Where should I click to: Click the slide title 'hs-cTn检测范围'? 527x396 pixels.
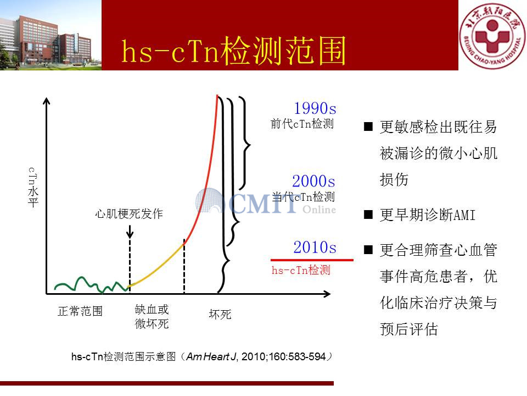click(233, 51)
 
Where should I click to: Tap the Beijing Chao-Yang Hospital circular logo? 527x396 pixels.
click(492, 36)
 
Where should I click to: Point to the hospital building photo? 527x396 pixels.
click(51, 35)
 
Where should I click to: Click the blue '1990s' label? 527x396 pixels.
click(315, 108)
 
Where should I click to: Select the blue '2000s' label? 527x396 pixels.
click(313, 181)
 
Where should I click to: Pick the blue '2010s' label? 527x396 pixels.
click(315, 247)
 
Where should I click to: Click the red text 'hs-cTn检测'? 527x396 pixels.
click(301, 270)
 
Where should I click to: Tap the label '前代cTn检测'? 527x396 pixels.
click(302, 124)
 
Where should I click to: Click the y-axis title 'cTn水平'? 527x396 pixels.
click(33, 187)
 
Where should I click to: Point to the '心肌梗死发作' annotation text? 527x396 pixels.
click(129, 214)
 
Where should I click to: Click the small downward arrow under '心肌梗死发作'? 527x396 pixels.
click(130, 232)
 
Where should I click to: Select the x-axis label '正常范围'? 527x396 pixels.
click(80, 311)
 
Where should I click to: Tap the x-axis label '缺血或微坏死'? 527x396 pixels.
click(152, 317)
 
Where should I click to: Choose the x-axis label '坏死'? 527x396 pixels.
click(220, 315)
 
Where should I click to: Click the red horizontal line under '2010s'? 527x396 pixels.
click(312, 260)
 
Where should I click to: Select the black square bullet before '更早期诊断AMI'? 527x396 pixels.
click(368, 215)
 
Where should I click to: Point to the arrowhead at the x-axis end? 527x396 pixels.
click(327, 294)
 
